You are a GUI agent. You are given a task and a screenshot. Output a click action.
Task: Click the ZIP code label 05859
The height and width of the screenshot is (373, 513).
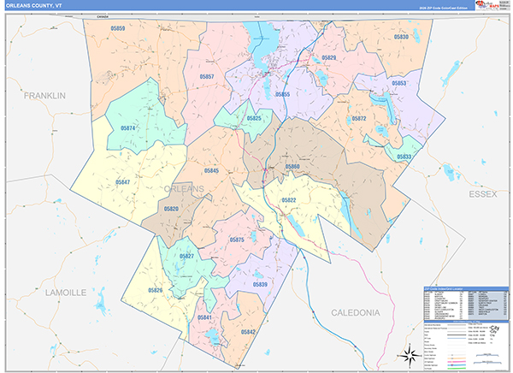tap(118, 30)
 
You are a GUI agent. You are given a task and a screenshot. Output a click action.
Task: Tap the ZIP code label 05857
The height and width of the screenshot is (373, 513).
tap(205, 77)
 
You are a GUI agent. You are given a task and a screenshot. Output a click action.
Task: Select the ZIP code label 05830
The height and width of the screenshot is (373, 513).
tap(402, 38)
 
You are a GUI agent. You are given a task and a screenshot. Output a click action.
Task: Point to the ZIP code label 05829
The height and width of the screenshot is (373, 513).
tap(329, 57)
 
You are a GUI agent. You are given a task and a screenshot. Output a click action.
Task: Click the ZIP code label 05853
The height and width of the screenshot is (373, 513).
tap(398, 83)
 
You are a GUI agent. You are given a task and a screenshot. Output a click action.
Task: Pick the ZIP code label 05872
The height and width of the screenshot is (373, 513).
tap(358, 119)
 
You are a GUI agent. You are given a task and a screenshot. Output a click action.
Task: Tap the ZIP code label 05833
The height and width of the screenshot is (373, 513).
tap(404, 157)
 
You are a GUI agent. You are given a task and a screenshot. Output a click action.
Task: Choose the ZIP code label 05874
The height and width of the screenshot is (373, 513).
tap(128, 128)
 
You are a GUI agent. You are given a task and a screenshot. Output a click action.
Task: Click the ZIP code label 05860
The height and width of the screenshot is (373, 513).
tap(292, 166)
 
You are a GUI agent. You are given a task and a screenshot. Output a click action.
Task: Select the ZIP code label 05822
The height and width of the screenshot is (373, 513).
tap(288, 199)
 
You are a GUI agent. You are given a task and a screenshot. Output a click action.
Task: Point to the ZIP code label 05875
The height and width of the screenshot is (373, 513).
tap(237, 240)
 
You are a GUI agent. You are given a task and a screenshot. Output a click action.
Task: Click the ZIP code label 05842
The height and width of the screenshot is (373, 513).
tap(248, 331)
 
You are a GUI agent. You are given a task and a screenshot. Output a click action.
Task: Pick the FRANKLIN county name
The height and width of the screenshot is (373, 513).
tap(44, 96)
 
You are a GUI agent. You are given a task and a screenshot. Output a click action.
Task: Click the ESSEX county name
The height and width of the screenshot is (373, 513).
tap(481, 195)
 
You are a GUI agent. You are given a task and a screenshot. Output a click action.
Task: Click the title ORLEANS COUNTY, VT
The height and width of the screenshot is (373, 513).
tap(34, 6)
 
